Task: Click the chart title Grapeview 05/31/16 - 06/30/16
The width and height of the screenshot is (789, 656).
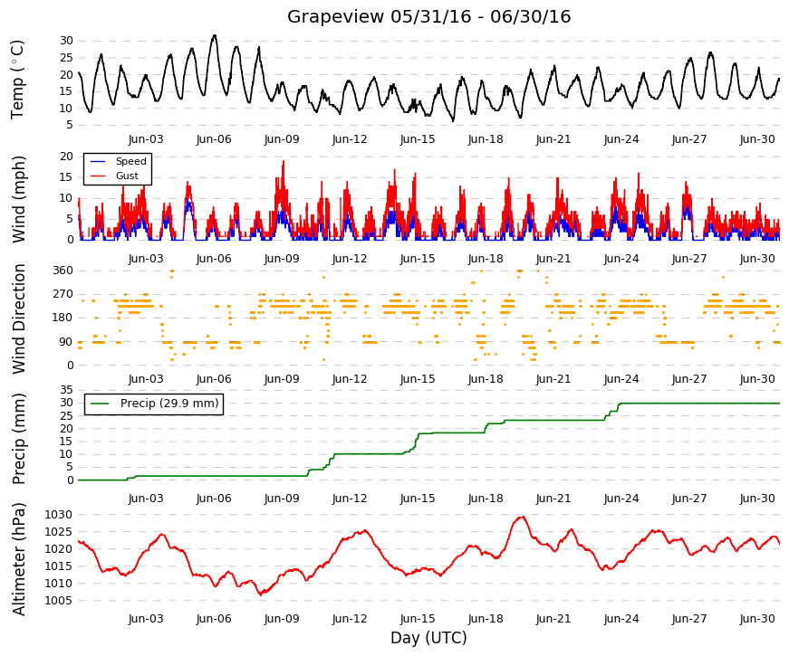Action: click(428, 16)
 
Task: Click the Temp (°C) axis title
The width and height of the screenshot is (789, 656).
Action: click(17, 80)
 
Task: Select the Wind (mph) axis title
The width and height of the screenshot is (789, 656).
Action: click(18, 199)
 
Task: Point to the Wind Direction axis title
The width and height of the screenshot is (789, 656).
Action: click(18, 318)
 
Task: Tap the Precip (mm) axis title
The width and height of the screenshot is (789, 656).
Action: click(18, 438)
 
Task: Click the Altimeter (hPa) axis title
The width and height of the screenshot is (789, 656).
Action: click(18, 558)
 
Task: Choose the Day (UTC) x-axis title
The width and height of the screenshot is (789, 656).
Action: click(428, 638)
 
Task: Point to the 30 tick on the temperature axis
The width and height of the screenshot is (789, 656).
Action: click(66, 41)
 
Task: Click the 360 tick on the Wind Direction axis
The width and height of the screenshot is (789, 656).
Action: click(63, 271)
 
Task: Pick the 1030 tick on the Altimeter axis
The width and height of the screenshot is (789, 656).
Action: click(58, 515)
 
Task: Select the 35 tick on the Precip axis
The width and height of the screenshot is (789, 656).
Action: click(66, 390)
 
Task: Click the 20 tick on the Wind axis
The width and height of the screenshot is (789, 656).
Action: click(66, 157)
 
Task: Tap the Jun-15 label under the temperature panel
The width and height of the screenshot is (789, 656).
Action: click(418, 139)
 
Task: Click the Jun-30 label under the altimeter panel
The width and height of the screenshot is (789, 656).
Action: click(757, 619)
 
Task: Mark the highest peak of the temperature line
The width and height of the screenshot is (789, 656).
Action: click(215, 35)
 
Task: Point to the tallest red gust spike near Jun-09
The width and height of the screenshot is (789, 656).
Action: click(284, 161)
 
